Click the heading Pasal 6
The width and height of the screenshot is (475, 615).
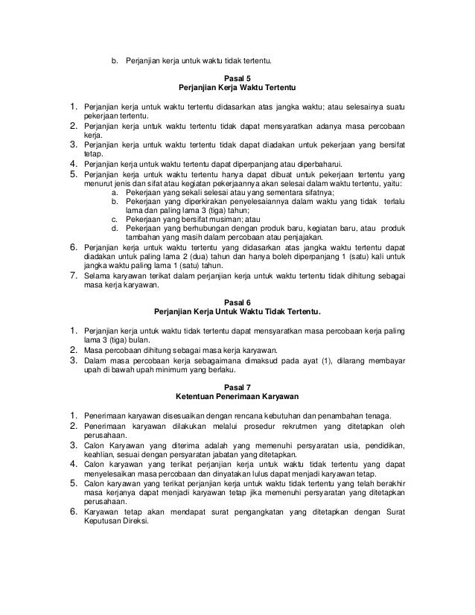click(238, 302)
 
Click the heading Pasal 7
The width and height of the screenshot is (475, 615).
click(238, 385)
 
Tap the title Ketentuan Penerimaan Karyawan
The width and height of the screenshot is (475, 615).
click(238, 395)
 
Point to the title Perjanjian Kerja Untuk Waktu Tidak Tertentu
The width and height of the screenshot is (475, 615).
click(238, 312)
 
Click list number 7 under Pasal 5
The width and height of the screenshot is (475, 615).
click(74, 276)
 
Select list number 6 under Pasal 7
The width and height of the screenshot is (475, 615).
click(74, 512)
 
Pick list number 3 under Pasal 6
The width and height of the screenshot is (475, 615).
click(74, 360)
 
